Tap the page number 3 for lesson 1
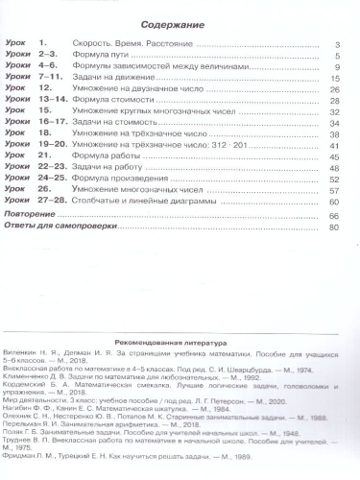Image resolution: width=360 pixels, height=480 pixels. coord(338,46)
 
